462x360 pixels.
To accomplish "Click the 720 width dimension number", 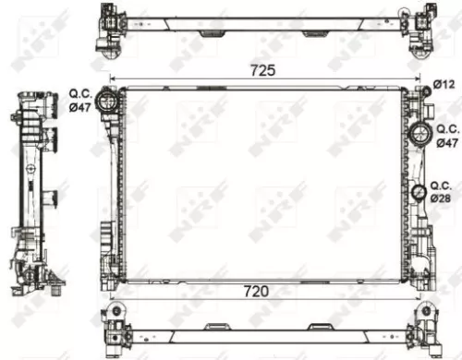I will pos(256,292).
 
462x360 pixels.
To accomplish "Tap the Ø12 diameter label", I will pos(444,85).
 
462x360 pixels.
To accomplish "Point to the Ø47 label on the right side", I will pos(447,143).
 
